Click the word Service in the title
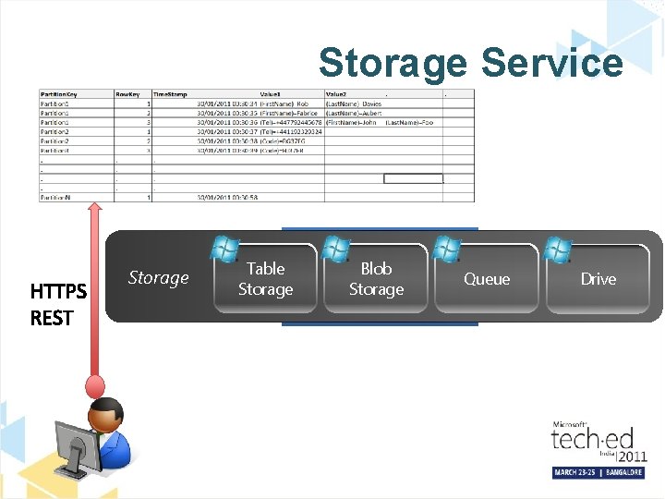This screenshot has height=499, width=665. click(552, 63)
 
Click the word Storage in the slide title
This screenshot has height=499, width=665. click(393, 63)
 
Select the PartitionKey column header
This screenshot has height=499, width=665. click(59, 94)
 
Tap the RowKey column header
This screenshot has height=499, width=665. click(127, 94)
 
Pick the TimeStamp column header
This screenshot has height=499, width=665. click(168, 94)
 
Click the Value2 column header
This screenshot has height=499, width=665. click(336, 94)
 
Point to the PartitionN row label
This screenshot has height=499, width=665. click(56, 197)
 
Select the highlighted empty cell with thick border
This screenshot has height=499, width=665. click(413, 178)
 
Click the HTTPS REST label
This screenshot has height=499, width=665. click(58, 305)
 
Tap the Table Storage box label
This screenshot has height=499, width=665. click(265, 279)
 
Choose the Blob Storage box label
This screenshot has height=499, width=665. click(376, 279)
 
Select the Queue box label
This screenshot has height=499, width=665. click(487, 279)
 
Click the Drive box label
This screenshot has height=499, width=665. click(598, 279)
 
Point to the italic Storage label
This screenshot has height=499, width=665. click(158, 277)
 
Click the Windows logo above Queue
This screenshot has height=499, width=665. click(447, 249)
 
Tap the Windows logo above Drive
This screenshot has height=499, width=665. click(558, 249)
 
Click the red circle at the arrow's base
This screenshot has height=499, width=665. click(94, 384)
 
